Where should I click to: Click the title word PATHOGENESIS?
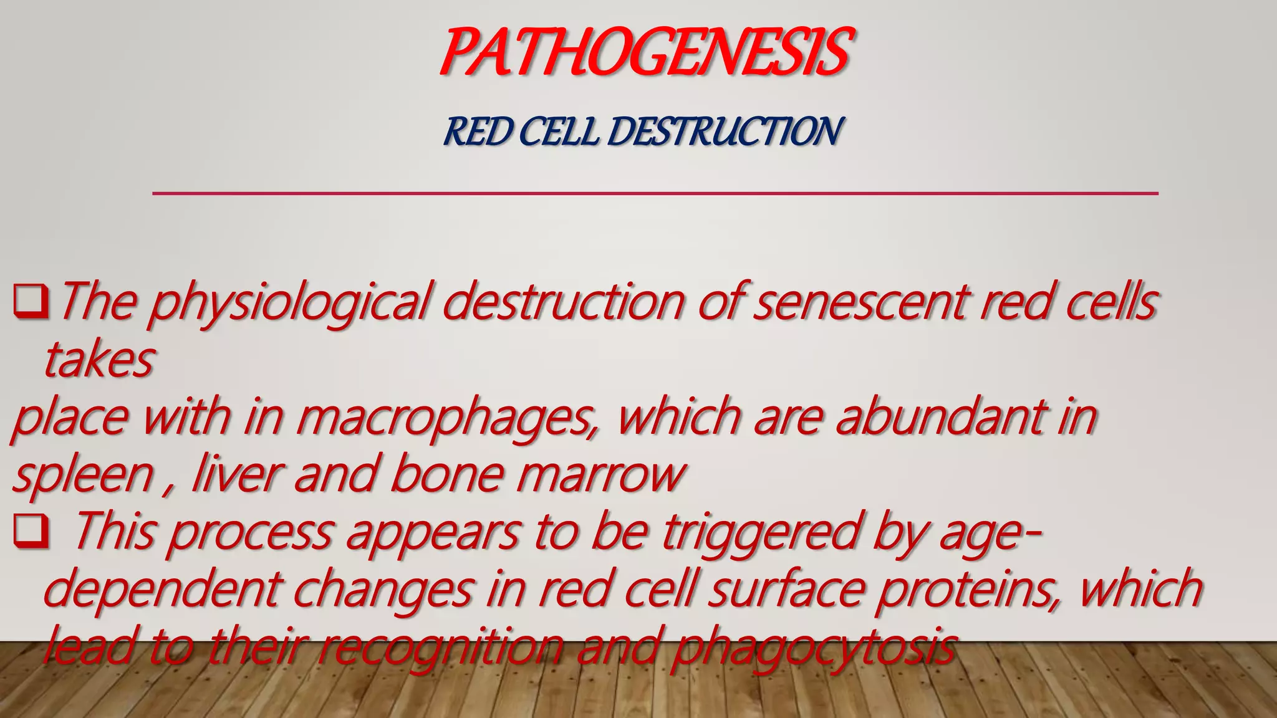coord(645,52)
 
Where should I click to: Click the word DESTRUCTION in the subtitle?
coord(725,132)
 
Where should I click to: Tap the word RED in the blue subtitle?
coord(478,132)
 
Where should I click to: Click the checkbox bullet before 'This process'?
coord(31,531)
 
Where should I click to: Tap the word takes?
coord(99,360)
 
